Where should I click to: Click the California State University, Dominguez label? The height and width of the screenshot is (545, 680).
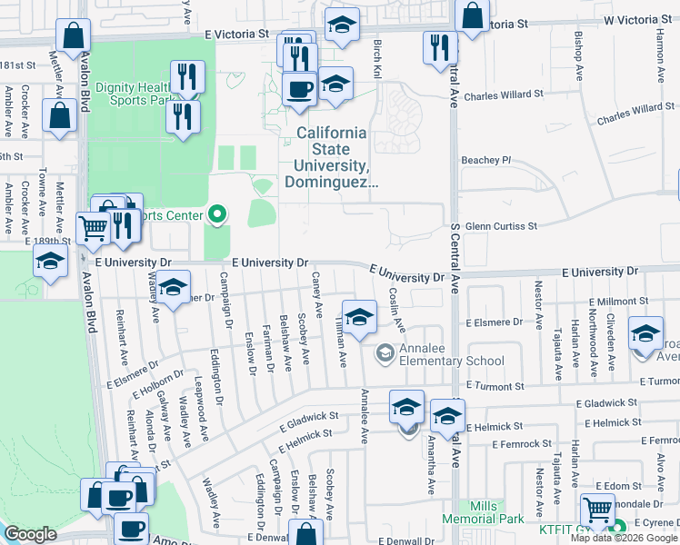click(332, 157)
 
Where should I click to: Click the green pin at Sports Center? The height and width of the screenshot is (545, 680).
click(217, 215)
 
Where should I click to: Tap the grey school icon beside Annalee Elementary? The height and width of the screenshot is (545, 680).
click(385, 352)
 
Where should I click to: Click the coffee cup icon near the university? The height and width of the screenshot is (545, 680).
click(299, 90)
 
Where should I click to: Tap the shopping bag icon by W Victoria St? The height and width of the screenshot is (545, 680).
click(472, 15)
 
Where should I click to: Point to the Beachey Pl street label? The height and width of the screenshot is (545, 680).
click(486, 160)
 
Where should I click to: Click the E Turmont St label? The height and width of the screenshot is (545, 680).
click(646, 381)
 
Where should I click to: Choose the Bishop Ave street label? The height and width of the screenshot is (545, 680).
click(578, 56)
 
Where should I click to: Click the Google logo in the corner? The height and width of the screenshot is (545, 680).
click(30, 534)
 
